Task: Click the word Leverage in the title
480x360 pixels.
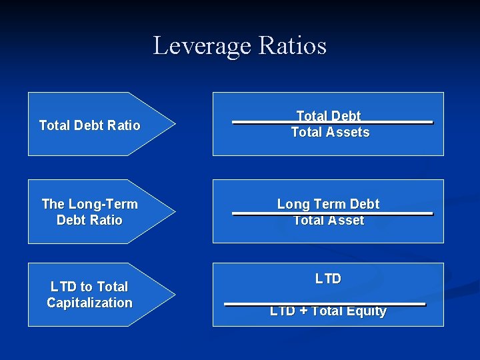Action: pos(201,46)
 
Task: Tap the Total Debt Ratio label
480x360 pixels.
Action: pos(90,125)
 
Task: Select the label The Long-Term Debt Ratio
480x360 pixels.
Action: pos(90,212)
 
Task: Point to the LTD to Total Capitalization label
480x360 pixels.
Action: pos(90,295)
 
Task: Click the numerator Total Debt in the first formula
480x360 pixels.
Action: pos(328,116)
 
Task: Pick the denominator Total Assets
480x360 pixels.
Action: pos(330,132)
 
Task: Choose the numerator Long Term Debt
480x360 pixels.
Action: pos(328,204)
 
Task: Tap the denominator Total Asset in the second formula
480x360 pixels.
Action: pos(329,220)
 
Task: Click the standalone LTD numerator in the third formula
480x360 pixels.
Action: pos(328,279)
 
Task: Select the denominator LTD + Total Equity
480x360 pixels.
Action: pos(328,311)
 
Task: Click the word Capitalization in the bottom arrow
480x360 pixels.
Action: pos(90,303)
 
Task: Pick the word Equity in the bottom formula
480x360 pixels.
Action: pos(367,311)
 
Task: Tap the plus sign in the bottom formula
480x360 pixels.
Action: pos(303,311)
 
